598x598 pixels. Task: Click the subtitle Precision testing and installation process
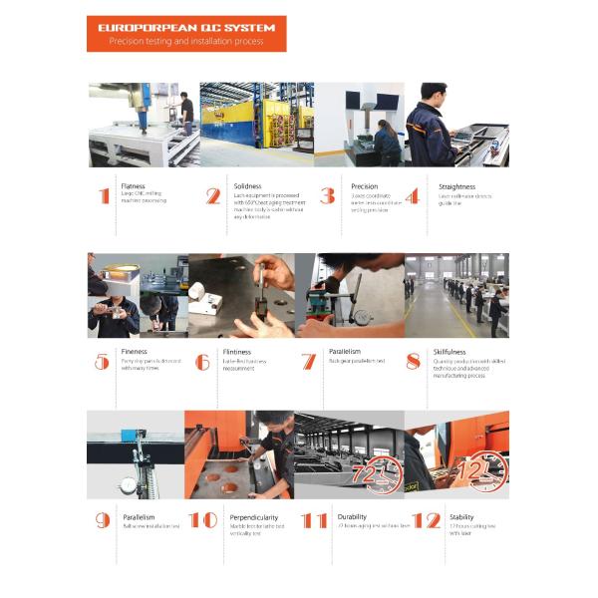pyautogui.click(x=185, y=43)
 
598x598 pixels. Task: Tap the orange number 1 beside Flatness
pyautogui.click(x=104, y=196)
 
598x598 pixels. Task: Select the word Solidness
pyautogui.click(x=248, y=186)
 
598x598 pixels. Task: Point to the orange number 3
pyautogui.click(x=327, y=196)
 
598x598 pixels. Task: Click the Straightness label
pyautogui.click(x=457, y=186)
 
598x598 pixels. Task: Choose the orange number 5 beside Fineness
pyautogui.click(x=102, y=362)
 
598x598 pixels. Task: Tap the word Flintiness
pyautogui.click(x=236, y=352)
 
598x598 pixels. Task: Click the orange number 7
pyautogui.click(x=308, y=362)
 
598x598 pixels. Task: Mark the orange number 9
pyautogui.click(x=102, y=520)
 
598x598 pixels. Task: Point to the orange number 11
pyautogui.click(x=314, y=520)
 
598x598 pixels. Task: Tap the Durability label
pyautogui.click(x=352, y=517)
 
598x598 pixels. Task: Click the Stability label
pyautogui.click(x=460, y=517)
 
